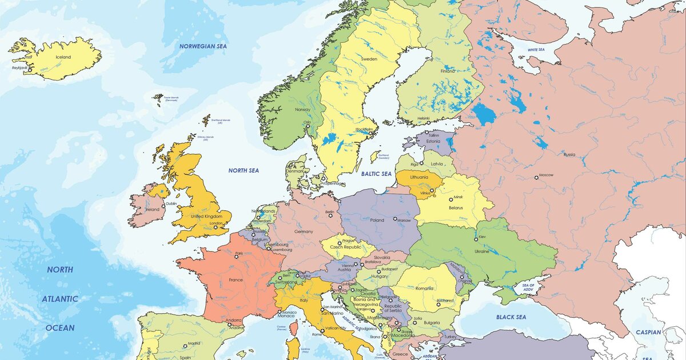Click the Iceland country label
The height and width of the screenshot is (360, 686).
[63, 57]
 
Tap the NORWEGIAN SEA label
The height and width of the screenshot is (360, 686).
[203, 46]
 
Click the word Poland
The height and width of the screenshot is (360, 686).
[377, 220]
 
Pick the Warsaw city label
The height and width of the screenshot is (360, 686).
[404, 220]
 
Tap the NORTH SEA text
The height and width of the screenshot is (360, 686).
[244, 170]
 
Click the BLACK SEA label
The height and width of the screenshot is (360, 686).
[511, 317]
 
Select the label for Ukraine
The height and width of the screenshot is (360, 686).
[482, 251]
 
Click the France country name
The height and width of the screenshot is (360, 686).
[236, 280]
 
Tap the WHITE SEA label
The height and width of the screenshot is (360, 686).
[536, 50]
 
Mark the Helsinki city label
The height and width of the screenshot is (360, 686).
[424, 118]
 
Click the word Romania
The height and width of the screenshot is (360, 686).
[425, 289]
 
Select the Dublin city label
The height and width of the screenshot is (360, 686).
[171, 203]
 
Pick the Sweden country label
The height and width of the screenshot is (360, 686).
[369, 59]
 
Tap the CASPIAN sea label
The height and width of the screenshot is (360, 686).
[648, 332]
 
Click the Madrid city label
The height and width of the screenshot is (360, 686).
[194, 343]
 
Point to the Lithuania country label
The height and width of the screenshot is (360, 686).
[419, 177]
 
